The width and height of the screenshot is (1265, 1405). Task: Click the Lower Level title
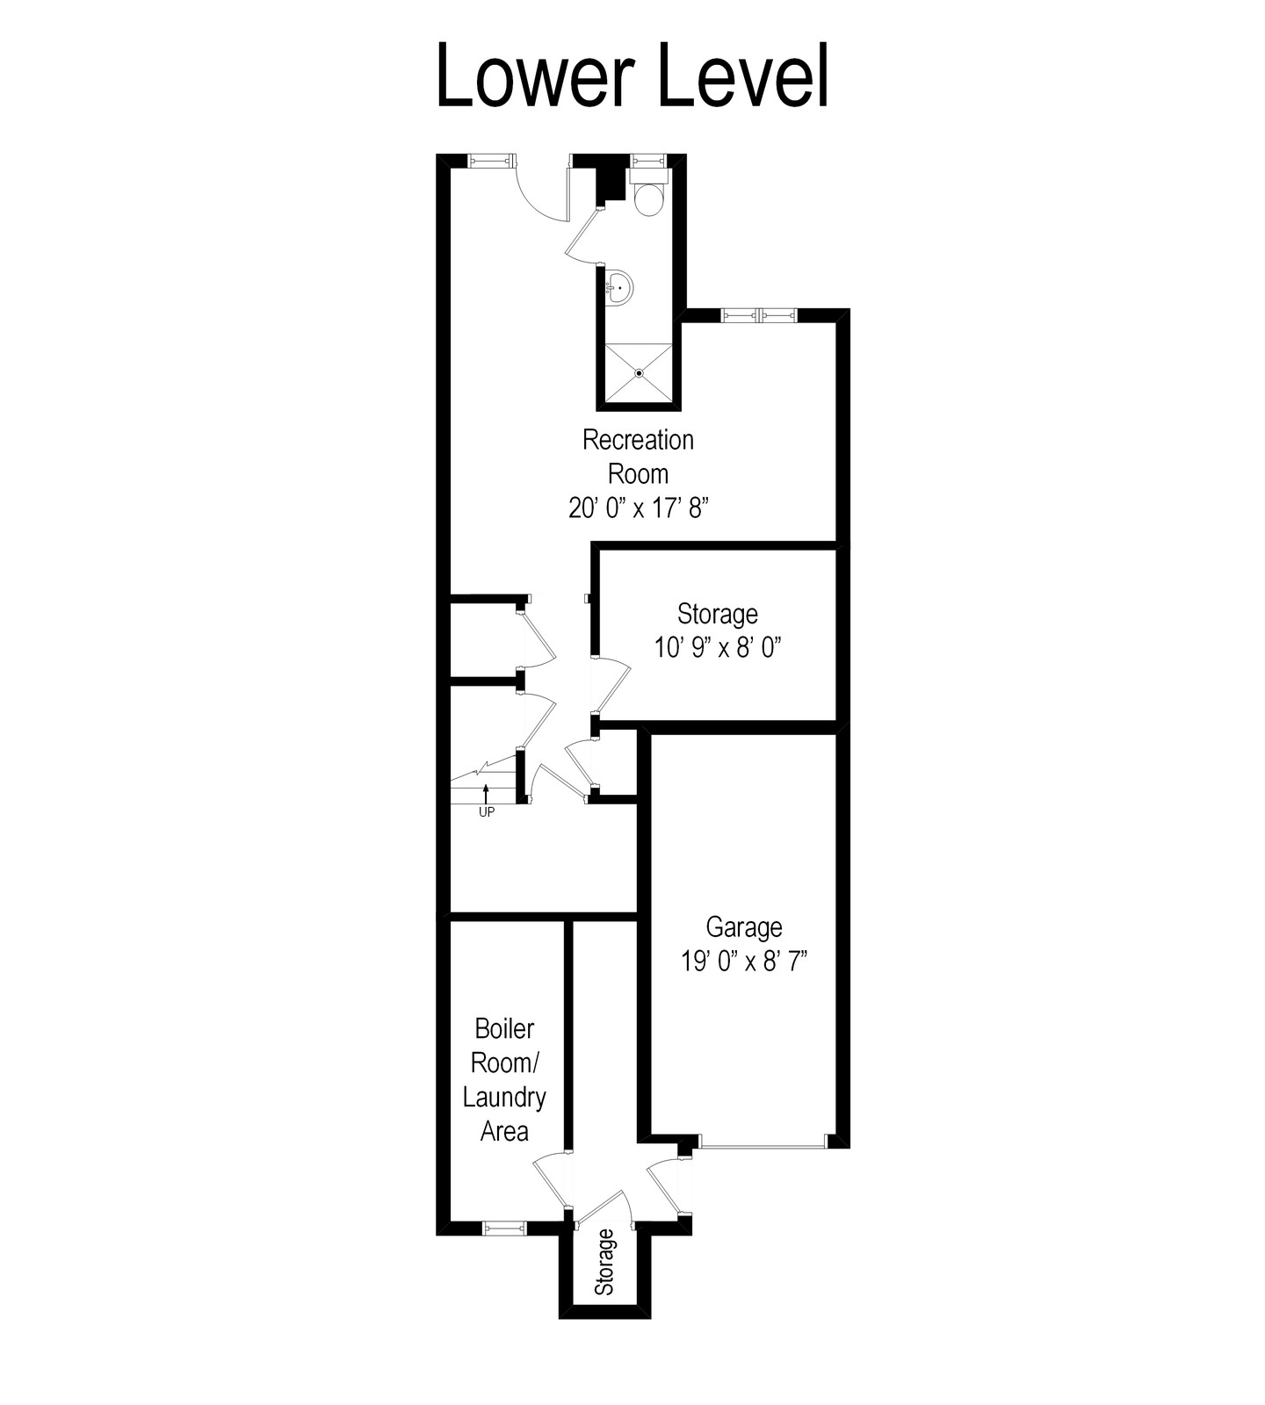pos(632,76)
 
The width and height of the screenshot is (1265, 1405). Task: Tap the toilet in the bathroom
pos(649,194)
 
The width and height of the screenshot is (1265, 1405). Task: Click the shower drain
pos(640,373)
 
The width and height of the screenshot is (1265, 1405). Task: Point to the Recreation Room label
pos(639,457)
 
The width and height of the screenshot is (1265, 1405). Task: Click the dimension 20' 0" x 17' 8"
pos(639,508)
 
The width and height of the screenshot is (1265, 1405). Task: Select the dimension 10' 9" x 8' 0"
pos(718,648)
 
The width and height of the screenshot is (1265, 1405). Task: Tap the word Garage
pos(744,927)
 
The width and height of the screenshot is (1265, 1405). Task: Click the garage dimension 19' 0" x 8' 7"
pos(744,962)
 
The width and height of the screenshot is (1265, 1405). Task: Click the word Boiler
pos(504,1028)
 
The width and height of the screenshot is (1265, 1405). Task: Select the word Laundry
pos(504,1098)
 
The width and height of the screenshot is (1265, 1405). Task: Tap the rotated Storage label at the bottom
pos(604,1262)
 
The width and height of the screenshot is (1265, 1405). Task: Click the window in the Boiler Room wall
pos(504,1228)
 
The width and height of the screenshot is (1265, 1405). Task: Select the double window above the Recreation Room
pos(759,315)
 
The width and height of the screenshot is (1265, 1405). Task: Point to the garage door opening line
pos(763,1146)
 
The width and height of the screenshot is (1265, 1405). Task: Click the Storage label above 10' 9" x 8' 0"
pos(718,613)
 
